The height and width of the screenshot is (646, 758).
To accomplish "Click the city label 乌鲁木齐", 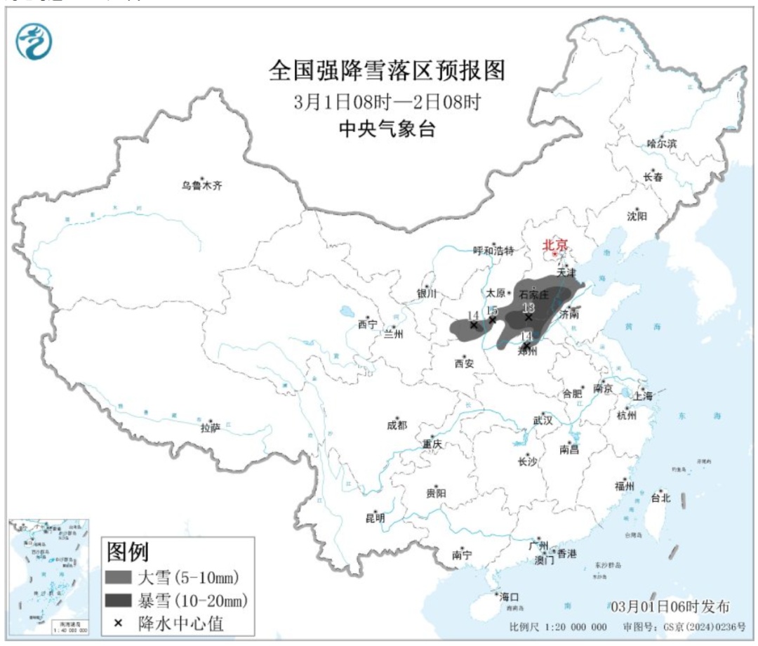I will click(x=201, y=186).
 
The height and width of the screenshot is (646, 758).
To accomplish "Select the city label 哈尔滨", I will click(x=663, y=143).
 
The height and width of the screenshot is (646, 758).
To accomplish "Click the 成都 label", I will click(x=397, y=425).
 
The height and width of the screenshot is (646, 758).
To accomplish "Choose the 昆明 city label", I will click(x=375, y=518).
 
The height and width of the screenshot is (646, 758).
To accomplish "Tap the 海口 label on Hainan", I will click(x=508, y=596).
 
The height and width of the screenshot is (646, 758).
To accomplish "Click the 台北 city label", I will click(x=660, y=498).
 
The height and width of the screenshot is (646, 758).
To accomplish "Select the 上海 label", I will click(x=643, y=396).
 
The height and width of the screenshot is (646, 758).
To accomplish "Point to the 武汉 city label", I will click(x=543, y=420).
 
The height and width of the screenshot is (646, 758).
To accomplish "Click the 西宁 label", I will click(x=367, y=324).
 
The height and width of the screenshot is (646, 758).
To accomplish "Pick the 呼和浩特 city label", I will click(x=494, y=251).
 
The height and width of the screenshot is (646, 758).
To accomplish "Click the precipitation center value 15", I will click(x=493, y=310).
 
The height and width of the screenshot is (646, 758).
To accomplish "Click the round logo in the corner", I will click(x=34, y=41).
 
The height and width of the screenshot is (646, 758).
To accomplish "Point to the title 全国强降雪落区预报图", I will click(x=387, y=71).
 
